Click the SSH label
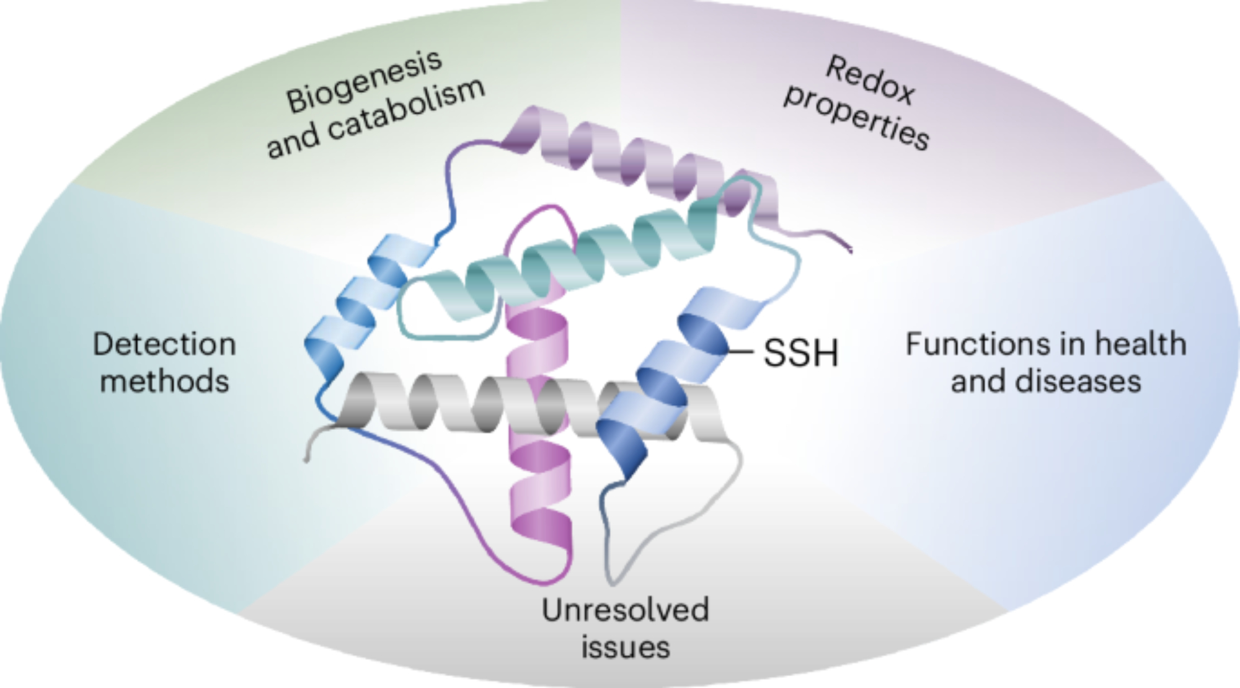tap(800, 353)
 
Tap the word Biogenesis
tap(364, 82)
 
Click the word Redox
tap(870, 81)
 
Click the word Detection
tap(164, 344)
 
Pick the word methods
tap(164, 381)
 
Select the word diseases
tap(1078, 381)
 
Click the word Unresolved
tap(625, 610)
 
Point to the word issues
tap(625, 648)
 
